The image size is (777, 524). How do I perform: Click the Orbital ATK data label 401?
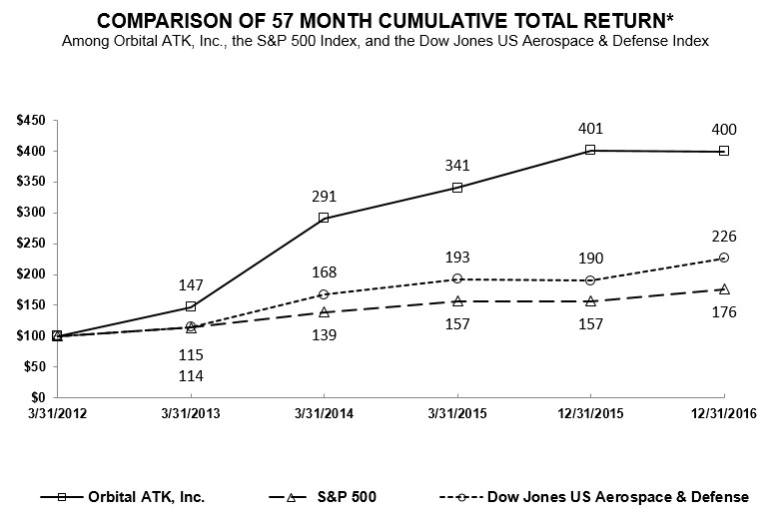pos(589,128)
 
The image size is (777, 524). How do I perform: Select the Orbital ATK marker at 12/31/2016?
pos(723,151)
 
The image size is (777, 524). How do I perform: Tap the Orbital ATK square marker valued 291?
pos(324,218)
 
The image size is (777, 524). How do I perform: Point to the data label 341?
pos(456,166)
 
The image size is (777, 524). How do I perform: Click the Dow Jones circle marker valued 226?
pos(723,258)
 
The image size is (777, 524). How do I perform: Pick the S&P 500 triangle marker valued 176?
pos(723,288)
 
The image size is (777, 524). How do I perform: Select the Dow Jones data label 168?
pos(324,271)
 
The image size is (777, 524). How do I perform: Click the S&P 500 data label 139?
pos(324,334)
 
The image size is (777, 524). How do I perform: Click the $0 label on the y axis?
pos(39,397)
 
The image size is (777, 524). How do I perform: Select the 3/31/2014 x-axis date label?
pos(324,414)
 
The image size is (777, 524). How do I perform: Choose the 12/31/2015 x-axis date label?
pos(589,414)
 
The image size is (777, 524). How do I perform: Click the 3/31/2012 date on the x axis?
pos(57,414)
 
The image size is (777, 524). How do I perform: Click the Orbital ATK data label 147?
pos(191,284)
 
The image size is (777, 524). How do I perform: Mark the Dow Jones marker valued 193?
pos(456,278)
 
